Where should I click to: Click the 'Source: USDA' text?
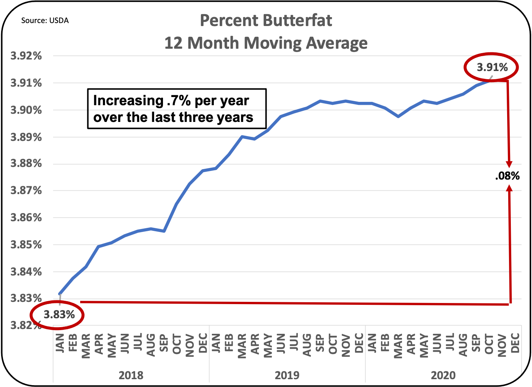pos(45,20)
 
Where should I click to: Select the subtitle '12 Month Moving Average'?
pos(266,43)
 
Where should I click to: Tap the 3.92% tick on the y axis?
pos(26,56)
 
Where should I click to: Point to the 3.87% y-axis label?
pos(26,191)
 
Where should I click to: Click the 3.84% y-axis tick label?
pos(26,272)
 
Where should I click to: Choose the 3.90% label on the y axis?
pos(26,110)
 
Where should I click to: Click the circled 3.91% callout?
pos(492,67)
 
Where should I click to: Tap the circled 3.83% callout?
pos(59,315)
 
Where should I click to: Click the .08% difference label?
pos(507,176)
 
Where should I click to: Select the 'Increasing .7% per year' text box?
pos(177,109)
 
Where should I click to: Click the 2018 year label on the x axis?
pos(131,375)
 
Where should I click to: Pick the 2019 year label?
pos(287,375)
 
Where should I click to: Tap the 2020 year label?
pos(443,375)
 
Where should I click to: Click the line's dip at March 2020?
pos(398,116)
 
